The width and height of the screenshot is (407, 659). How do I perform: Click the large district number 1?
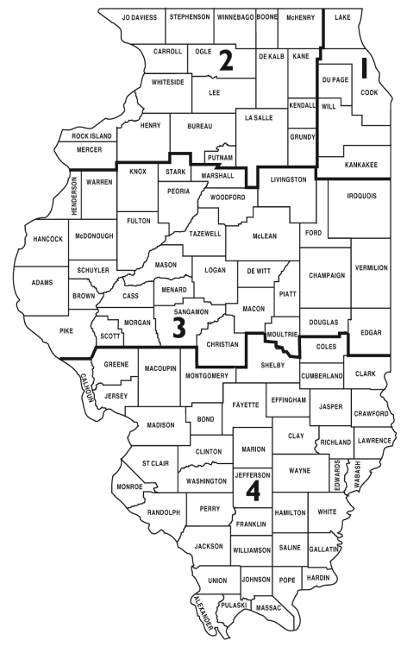tap(365, 69)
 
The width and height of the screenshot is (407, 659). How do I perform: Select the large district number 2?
tap(226, 60)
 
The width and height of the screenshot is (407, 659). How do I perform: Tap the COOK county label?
tap(369, 92)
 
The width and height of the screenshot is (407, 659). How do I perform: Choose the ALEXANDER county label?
tap(204, 612)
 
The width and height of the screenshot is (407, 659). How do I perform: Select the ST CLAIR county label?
tap(155, 463)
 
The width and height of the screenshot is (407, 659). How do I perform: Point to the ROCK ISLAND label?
tap(92, 136)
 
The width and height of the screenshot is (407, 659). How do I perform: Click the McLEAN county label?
tap(265, 235)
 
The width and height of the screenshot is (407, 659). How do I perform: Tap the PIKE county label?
tap(68, 329)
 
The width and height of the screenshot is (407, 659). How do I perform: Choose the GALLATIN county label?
tap(323, 549)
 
